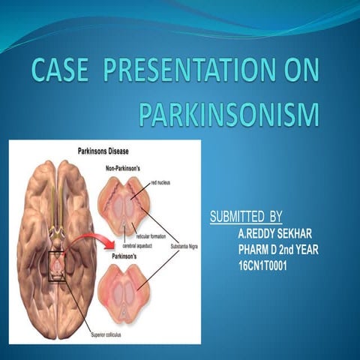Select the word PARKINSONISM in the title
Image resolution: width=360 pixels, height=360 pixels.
click(x=229, y=115)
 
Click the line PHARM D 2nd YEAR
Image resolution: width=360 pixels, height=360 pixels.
click(x=278, y=249)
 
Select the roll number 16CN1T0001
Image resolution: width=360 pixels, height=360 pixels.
click(x=263, y=265)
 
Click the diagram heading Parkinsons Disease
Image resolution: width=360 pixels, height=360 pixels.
click(x=112, y=151)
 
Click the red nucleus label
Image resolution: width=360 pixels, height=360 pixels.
click(x=163, y=182)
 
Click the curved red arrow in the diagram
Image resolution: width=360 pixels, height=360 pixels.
click(x=88, y=248)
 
